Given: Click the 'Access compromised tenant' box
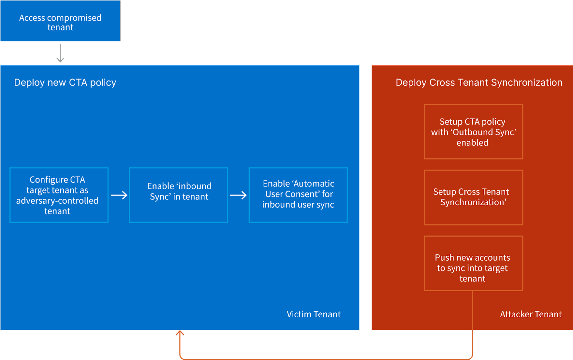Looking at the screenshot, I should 60,21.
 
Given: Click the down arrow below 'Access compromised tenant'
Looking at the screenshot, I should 61,53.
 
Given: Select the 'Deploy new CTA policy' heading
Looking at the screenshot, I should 65,82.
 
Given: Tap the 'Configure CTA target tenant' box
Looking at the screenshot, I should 59,195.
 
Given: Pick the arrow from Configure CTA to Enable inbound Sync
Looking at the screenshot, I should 119,195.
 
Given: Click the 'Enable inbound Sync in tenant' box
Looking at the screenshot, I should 179,195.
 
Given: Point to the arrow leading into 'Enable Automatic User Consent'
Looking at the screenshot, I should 238,195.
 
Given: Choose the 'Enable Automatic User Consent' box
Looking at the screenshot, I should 298,195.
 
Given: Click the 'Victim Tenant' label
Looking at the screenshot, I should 313,314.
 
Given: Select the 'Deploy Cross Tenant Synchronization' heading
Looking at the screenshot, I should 479,82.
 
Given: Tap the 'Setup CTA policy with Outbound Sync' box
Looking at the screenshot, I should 473,132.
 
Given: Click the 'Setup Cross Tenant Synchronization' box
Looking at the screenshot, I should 473,197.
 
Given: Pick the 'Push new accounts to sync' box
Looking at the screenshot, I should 473,263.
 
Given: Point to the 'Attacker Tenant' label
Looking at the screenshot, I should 531,314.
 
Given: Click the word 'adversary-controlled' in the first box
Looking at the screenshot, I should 57,201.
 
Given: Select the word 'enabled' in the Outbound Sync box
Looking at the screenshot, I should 472,143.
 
